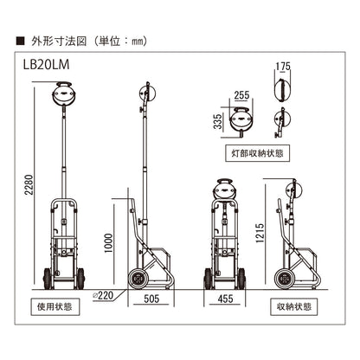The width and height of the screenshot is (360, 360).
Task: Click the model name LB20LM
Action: pos(46,65)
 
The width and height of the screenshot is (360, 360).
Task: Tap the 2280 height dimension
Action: pos(29,184)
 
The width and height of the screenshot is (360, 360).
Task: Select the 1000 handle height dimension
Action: pos(108,243)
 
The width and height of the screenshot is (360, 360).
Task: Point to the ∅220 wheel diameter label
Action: pos(103,295)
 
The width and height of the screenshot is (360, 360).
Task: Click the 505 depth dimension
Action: pos(151,299)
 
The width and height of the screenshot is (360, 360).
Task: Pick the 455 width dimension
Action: pos(225,299)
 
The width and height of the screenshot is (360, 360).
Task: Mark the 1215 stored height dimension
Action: pos(260,233)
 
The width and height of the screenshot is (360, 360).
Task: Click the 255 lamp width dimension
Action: pos(241,95)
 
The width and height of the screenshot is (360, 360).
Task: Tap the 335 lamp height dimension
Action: pos(218,121)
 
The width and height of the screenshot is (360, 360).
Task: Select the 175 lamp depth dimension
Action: pos(283,67)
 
